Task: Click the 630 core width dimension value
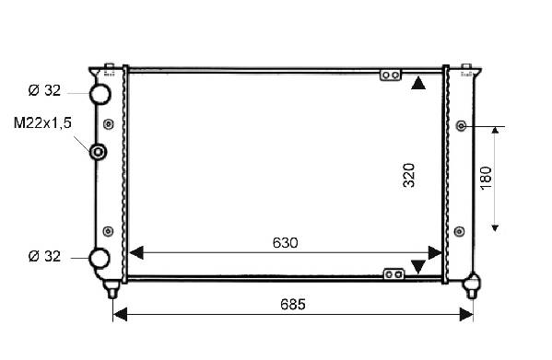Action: tap(285, 242)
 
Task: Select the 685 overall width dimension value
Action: tap(293, 304)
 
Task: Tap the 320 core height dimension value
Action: tap(409, 176)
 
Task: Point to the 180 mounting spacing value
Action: tap(487, 179)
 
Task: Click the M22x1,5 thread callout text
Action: tap(42, 123)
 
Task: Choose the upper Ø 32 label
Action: tap(44, 90)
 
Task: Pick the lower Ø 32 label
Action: tap(44, 256)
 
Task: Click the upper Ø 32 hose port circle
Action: tap(100, 94)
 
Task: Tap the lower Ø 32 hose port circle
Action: tap(100, 258)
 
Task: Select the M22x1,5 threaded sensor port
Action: tap(99, 152)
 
